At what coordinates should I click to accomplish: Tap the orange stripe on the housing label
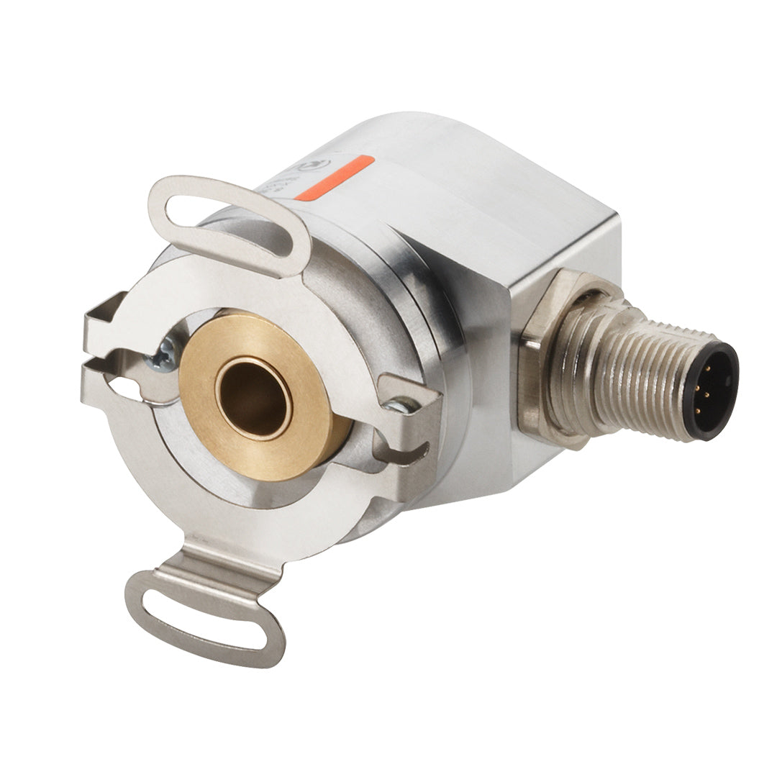click(344, 178)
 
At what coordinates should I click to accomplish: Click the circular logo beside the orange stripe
click(317, 166)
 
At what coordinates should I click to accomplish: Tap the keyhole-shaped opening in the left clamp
click(129, 389)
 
